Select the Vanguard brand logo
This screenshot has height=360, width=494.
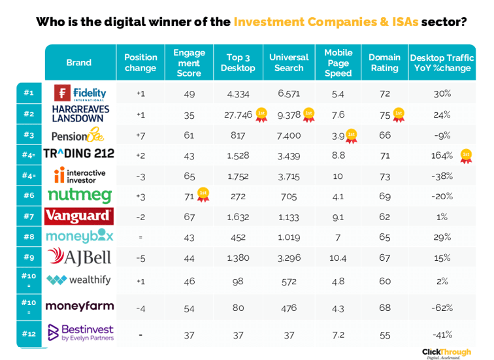point(79,216)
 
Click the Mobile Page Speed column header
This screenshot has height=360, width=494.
point(338,63)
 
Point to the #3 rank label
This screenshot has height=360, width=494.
point(29,135)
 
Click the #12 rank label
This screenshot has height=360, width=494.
point(29,334)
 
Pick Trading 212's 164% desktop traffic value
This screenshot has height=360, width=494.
point(442,155)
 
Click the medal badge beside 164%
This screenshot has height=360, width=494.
point(466,155)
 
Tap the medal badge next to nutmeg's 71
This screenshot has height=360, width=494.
point(203,193)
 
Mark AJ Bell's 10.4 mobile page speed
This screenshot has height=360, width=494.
point(338,257)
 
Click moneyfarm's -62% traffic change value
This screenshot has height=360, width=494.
point(442,306)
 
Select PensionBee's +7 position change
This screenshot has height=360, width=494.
point(140,135)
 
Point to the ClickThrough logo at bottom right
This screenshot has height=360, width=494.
point(446,352)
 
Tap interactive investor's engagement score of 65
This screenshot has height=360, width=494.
point(189,176)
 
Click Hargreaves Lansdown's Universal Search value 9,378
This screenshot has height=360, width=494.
point(288,114)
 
